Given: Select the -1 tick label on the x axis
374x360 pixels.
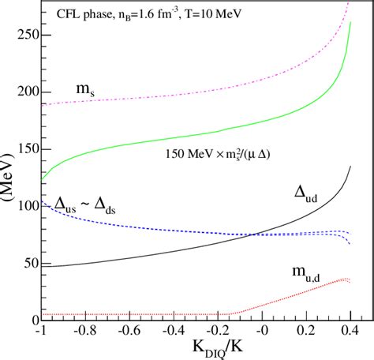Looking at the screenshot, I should (x=41, y=332).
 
